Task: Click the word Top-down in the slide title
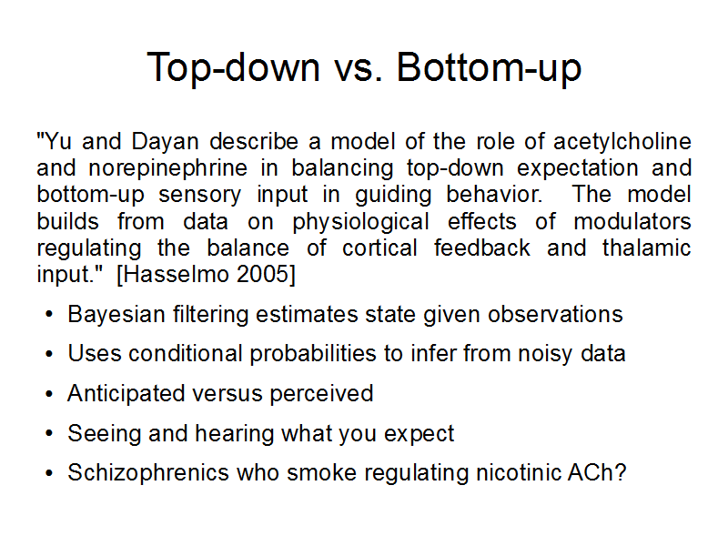click(x=234, y=67)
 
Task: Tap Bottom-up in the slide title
click(x=489, y=67)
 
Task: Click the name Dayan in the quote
click(x=165, y=142)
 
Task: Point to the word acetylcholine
click(x=622, y=142)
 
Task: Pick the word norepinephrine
click(x=168, y=169)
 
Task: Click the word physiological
click(x=360, y=222)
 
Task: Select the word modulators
click(x=632, y=221)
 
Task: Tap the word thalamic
click(x=647, y=248)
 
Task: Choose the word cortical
click(x=379, y=248)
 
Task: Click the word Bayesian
click(x=116, y=315)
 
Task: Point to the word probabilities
click(x=313, y=354)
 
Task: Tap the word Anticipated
click(x=126, y=394)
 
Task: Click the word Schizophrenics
click(x=148, y=473)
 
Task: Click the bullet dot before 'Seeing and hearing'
click(x=49, y=434)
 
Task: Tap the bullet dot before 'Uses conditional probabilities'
click(x=49, y=354)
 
